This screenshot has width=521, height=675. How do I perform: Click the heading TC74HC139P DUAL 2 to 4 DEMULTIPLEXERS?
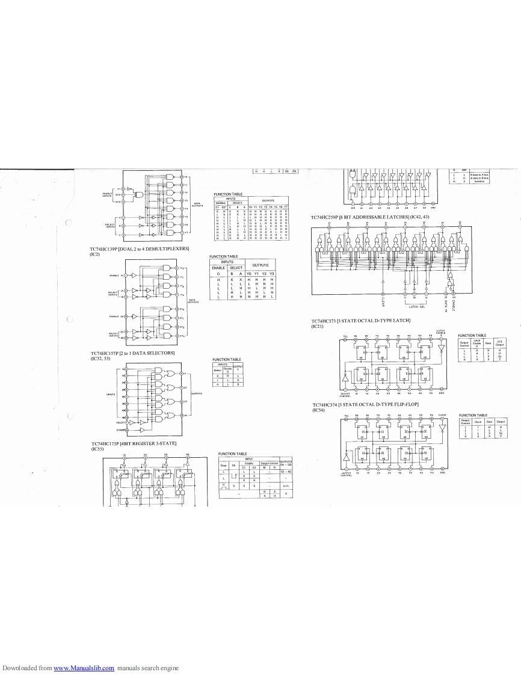(140, 248)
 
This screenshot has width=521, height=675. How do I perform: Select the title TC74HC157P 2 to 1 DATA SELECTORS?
(132, 353)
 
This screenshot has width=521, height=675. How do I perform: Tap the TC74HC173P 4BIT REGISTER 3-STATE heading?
(134, 443)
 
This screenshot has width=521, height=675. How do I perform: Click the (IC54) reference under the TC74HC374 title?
(318, 410)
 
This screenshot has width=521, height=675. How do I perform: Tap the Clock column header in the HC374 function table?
(478, 422)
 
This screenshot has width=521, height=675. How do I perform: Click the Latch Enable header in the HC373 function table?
(477, 342)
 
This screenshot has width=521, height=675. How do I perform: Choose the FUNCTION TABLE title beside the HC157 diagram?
(226, 359)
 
